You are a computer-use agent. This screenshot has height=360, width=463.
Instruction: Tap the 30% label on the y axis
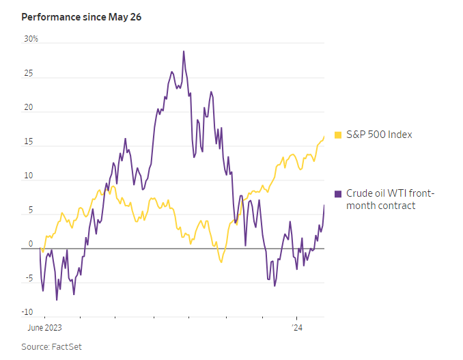coord(31,39)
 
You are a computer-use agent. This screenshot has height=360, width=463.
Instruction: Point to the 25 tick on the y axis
coord(29,73)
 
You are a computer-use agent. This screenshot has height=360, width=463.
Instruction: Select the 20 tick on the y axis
coord(29,108)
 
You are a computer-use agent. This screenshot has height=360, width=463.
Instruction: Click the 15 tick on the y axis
coord(29,142)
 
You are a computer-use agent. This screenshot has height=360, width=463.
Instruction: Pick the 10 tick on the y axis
coord(29,176)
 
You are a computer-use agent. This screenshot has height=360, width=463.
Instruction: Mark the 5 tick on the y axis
coord(30,210)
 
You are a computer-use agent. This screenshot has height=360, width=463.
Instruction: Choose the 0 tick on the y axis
coord(30,244)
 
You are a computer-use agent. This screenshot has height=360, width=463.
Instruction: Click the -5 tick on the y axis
coord(29,279)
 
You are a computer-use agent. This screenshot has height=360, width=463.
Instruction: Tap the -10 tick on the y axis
coord(27,313)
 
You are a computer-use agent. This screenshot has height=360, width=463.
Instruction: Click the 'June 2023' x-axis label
coord(44,328)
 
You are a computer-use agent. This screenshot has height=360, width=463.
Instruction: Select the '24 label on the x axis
coord(297,328)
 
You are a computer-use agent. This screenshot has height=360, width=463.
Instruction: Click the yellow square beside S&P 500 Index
coord(338,135)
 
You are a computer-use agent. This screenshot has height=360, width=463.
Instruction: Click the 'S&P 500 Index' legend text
coord(379,135)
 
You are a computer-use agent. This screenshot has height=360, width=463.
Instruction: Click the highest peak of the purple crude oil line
coord(184,51)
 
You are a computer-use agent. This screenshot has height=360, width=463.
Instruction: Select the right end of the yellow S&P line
coord(324,137)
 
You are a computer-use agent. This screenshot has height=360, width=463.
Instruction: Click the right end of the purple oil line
coord(324,205)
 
